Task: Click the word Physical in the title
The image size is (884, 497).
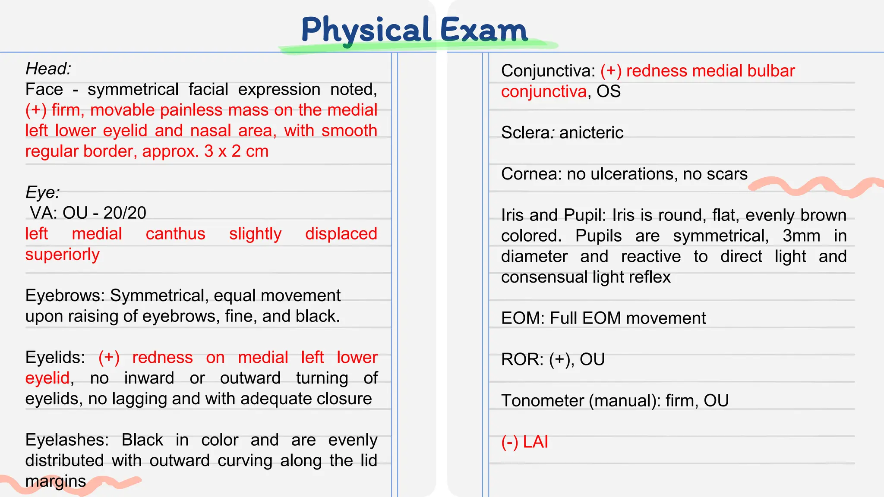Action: coord(365,30)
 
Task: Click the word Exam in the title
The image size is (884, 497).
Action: coord(483,30)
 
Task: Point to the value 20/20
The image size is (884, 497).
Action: coord(125,213)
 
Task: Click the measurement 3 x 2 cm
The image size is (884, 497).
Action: coord(236,151)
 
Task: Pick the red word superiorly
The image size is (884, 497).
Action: coord(62,255)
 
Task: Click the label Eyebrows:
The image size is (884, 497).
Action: coord(65,296)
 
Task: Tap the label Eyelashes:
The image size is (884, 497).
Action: coord(67,440)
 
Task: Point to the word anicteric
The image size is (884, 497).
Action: coord(591,133)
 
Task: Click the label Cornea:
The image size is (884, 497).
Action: coord(531,174)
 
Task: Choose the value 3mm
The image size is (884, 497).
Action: coord(801,236)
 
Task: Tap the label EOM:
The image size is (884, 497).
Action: coord(523,318)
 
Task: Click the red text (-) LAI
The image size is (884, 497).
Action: coord(524,442)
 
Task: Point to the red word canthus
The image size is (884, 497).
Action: coord(175,234)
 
